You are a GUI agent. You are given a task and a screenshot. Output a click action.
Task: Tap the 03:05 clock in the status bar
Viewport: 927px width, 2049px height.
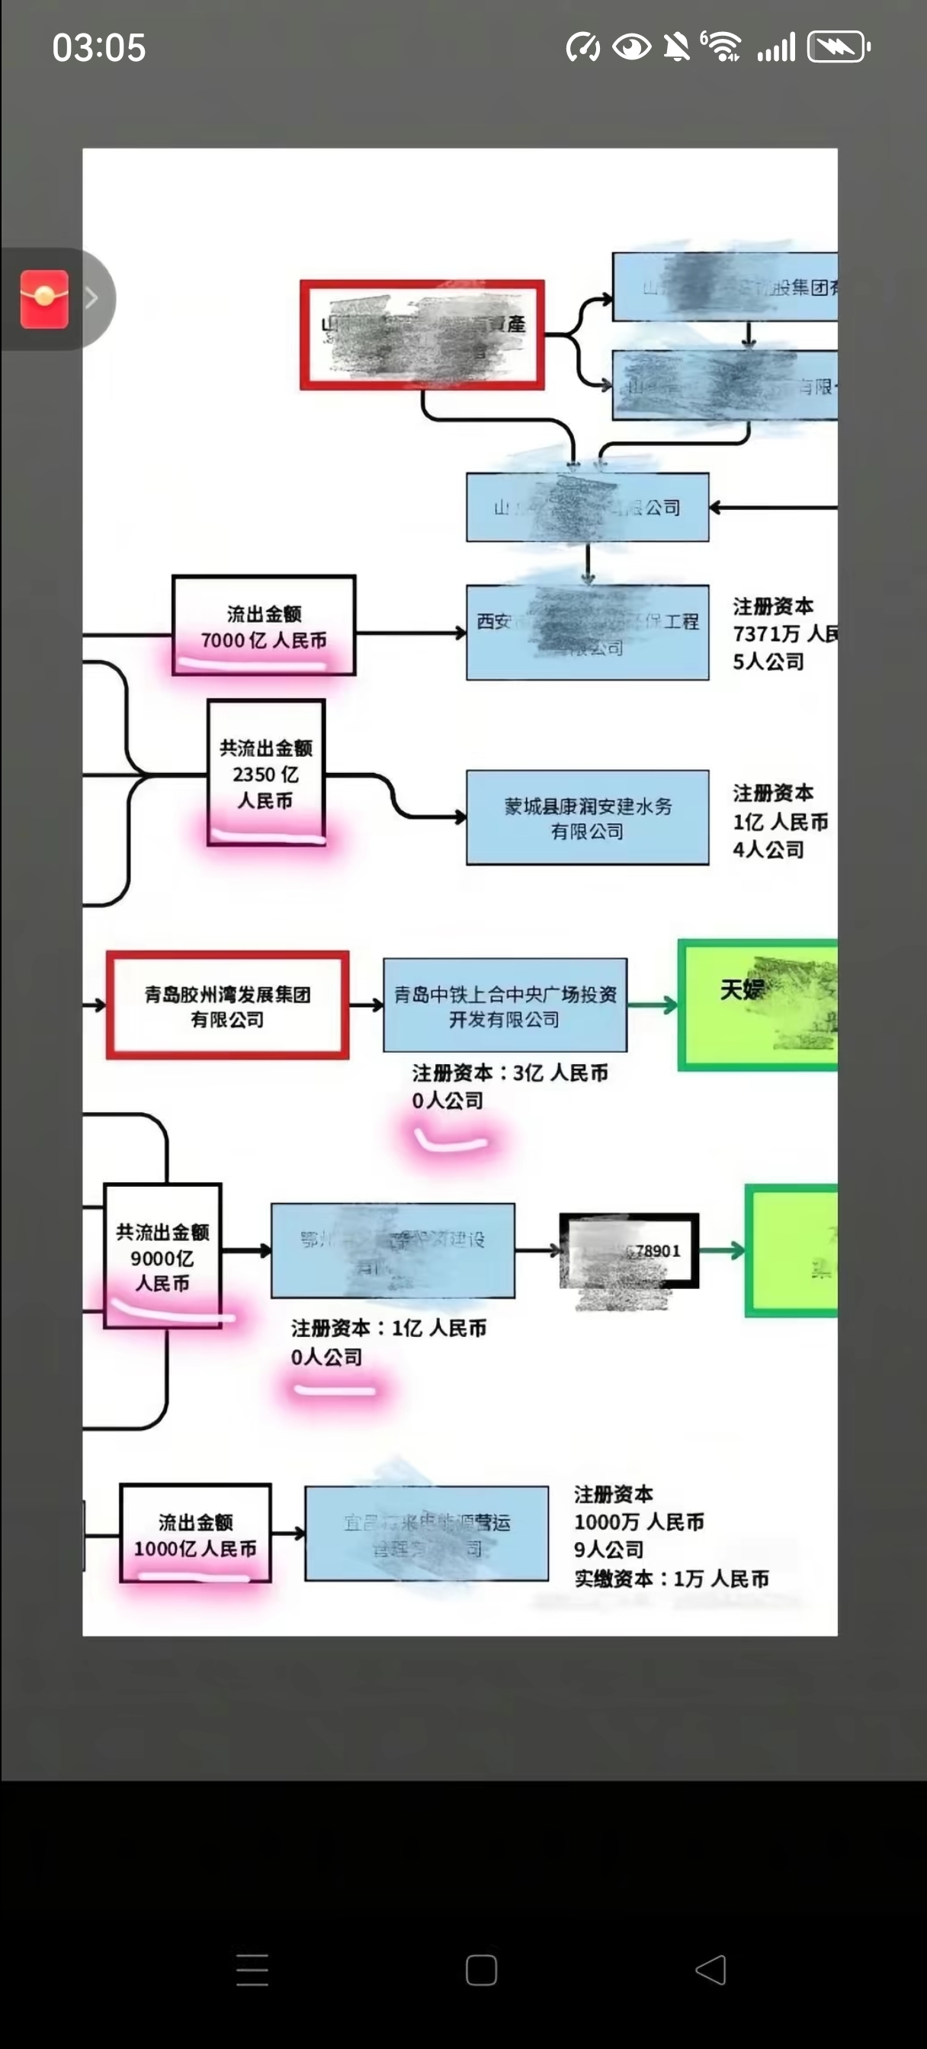(x=98, y=48)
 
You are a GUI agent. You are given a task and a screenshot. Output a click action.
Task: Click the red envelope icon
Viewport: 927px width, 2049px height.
(x=44, y=299)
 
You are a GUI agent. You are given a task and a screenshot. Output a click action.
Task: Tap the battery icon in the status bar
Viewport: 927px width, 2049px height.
(x=838, y=48)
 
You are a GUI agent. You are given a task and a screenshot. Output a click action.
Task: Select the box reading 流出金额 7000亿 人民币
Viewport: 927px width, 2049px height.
(x=263, y=626)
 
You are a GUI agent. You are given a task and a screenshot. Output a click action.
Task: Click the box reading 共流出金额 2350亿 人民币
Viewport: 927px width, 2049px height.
(x=266, y=772)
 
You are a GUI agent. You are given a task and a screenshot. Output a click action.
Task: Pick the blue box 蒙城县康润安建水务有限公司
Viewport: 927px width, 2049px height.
(x=587, y=818)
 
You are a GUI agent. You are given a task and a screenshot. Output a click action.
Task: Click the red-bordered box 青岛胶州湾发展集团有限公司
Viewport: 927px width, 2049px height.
(x=228, y=1005)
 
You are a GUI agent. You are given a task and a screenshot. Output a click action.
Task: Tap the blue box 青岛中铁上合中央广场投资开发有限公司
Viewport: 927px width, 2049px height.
(x=505, y=1005)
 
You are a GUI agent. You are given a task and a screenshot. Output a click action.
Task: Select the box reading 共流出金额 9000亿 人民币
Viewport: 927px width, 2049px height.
(x=162, y=1256)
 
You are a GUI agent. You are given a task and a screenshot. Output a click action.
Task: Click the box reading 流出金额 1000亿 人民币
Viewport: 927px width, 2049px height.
(x=196, y=1534)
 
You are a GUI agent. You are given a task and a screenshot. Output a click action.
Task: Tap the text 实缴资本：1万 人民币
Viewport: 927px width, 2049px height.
(x=672, y=1579)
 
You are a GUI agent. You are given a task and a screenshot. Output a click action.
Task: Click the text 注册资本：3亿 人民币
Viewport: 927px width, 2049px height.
(x=510, y=1073)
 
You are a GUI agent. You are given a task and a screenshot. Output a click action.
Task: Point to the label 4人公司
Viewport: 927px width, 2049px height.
(x=768, y=849)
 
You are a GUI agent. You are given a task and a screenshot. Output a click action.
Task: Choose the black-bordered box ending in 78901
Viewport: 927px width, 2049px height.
(x=629, y=1251)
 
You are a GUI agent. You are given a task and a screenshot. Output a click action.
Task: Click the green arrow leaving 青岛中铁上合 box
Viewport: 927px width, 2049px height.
(x=653, y=1006)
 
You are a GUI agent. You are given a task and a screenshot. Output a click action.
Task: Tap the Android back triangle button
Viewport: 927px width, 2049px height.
(x=710, y=1970)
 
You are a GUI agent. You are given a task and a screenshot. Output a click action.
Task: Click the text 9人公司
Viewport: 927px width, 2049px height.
(x=608, y=1550)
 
